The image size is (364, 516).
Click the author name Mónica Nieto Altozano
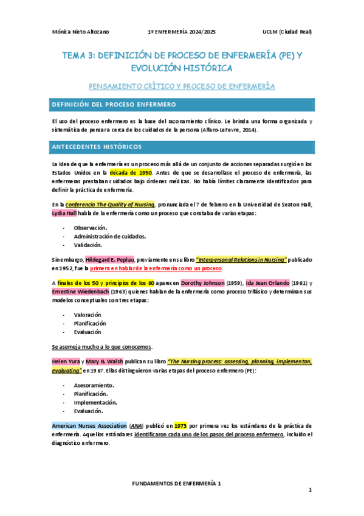(81, 32)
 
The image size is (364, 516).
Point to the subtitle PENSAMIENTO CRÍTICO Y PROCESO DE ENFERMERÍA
(182, 86)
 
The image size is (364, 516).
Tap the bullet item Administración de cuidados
(109, 235)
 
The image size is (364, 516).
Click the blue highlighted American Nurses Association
(89, 425)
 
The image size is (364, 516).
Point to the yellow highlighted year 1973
(180, 425)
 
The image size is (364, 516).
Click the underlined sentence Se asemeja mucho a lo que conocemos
(101, 347)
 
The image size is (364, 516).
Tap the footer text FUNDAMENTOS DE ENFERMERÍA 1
(176, 482)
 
